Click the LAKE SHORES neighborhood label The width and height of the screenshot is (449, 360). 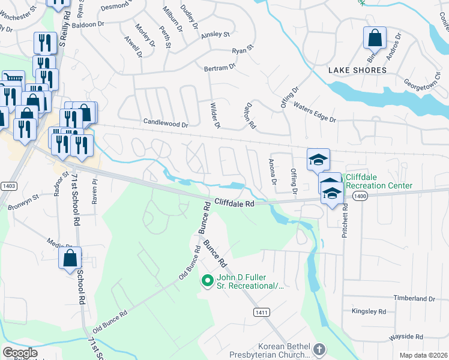357,70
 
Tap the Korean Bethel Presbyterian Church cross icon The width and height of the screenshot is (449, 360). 319,349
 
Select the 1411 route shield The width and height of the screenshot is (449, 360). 261,313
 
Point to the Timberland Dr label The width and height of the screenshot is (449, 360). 414,298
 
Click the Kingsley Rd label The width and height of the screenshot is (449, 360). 369,311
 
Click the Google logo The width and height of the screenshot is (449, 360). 20,353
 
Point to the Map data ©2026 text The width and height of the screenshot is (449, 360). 423,355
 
